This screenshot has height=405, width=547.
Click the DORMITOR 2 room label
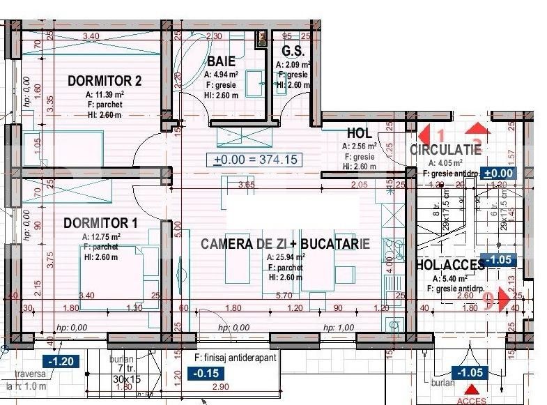[x=105, y=81]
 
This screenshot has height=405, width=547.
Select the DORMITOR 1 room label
[x=100, y=223]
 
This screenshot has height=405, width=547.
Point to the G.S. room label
[x=291, y=52]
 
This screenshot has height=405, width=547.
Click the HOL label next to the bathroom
[x=360, y=134]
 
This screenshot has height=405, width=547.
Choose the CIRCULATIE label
[x=445, y=150]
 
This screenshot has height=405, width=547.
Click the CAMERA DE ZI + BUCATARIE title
[x=285, y=244]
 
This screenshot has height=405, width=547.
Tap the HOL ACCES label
[x=449, y=265]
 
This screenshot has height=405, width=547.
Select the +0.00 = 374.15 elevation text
[x=256, y=160]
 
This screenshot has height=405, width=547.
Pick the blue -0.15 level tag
[x=206, y=372]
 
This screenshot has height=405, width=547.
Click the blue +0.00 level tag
[x=498, y=174]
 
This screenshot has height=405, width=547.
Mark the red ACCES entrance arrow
[x=472, y=390]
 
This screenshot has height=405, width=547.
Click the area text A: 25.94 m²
[x=286, y=257]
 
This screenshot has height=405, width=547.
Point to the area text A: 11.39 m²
[x=105, y=94]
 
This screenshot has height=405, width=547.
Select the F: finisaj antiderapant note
[x=236, y=358]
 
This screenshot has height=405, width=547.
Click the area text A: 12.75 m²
[x=100, y=236]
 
